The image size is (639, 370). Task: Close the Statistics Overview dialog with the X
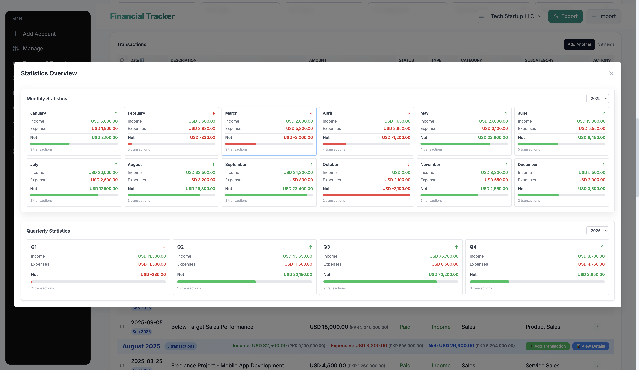click(x=611, y=73)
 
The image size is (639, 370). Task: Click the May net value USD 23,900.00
click(x=493, y=137)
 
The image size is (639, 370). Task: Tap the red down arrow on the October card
click(x=409, y=165)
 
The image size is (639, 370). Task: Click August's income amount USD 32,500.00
click(x=200, y=172)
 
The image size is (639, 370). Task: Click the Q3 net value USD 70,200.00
click(x=443, y=275)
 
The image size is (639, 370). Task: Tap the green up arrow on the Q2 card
click(x=310, y=247)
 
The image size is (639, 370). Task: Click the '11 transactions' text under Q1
click(x=42, y=288)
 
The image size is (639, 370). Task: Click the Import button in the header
click(x=604, y=16)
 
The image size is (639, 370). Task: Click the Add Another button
click(x=579, y=44)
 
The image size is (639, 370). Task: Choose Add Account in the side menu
click(x=39, y=34)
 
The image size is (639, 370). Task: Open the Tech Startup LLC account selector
click(x=512, y=16)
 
